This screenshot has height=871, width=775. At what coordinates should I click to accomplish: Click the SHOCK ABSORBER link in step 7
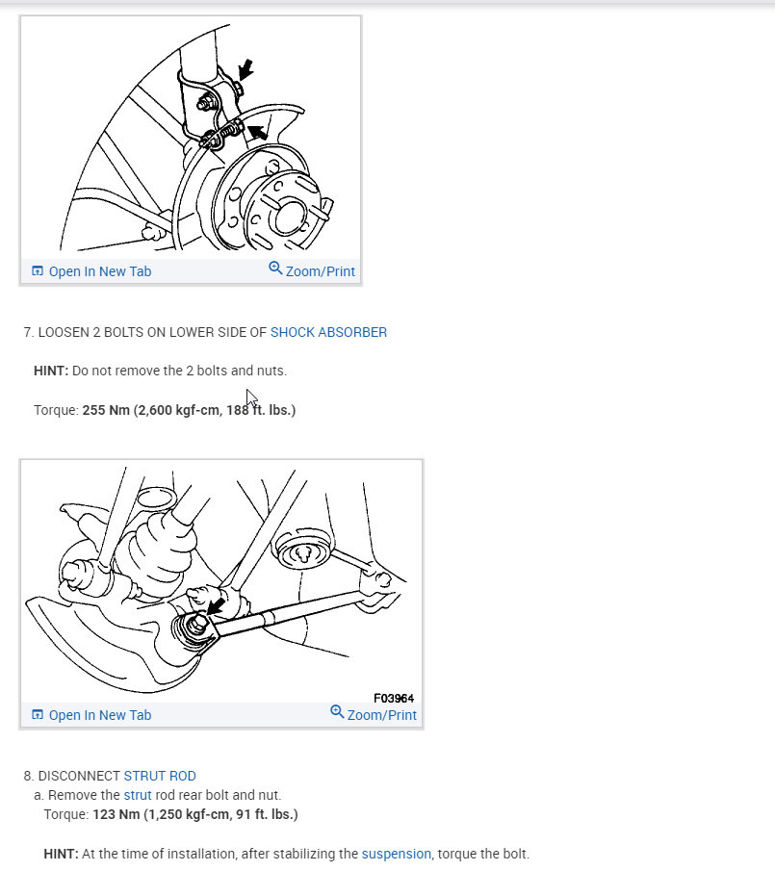328,332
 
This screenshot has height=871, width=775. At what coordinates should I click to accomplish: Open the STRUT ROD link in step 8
160,776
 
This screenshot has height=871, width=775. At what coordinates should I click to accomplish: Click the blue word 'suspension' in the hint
396,854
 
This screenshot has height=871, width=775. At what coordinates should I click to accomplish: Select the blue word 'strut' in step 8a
137,795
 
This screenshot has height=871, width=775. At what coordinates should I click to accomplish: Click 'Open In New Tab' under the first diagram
91,271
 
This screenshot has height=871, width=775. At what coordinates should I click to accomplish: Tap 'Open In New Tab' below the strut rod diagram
91,715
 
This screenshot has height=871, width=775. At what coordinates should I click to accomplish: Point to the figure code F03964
394,698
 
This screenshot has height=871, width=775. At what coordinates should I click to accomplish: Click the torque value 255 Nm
106,410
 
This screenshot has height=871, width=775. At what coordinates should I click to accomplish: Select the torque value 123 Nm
116,814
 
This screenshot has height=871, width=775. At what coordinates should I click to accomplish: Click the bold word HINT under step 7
50,371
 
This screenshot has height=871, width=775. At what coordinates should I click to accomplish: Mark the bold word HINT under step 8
60,854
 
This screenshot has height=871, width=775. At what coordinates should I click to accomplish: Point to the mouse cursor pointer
251,397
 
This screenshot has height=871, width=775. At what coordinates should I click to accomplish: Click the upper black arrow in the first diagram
245,68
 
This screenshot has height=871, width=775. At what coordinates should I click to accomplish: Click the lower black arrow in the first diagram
258,132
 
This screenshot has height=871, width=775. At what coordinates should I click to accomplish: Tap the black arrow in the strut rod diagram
217,605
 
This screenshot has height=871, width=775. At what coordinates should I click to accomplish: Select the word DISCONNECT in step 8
78,776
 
